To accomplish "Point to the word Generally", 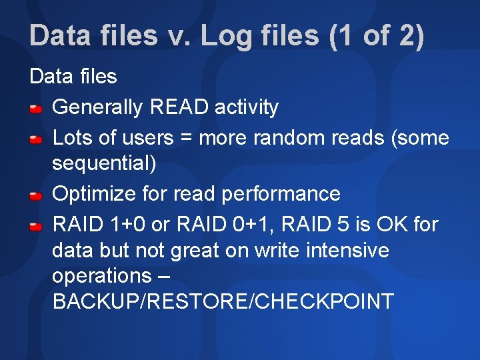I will pos(98,107).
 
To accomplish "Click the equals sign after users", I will pos(185,139).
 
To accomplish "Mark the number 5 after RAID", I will pos(343,225).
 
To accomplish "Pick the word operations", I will pos(102,277).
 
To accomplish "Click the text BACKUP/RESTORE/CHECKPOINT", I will pos(223,301).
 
